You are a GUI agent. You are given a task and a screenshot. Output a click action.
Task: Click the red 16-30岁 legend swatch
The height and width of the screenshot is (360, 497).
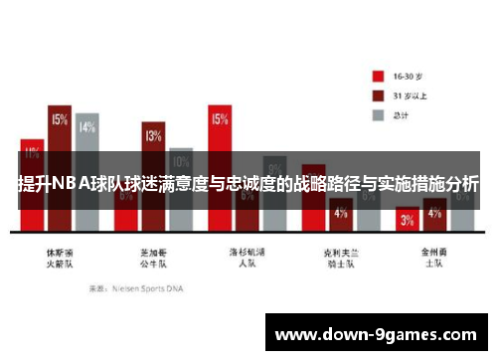[379, 76]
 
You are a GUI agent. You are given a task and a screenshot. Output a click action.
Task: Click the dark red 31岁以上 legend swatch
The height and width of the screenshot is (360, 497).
[379, 95]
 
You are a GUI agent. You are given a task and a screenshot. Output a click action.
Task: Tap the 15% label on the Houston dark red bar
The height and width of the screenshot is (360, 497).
[60, 119]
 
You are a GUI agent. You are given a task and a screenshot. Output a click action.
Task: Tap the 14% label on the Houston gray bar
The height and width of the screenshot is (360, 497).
[87, 127]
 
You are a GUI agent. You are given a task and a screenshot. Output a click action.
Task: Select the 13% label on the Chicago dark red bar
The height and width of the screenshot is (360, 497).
[153, 136]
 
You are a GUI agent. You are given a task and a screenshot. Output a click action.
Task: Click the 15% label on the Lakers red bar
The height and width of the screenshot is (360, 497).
[219, 119]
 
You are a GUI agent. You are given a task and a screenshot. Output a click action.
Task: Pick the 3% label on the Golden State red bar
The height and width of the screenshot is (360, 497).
[407, 221]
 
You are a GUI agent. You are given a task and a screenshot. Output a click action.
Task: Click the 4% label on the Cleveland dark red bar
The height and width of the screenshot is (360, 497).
[340, 213]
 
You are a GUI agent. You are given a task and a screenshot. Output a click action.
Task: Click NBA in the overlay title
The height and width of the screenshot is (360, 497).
[69, 183]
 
